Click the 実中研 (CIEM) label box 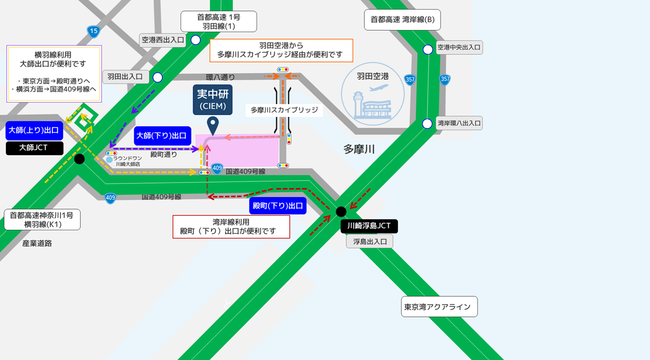point(213,100)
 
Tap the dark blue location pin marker point(213,125)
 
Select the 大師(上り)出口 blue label point(34,131)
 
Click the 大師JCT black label point(34,148)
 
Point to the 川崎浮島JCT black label point(369,226)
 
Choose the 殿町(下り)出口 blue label point(278,206)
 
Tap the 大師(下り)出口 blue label point(162,136)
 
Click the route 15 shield point(93,31)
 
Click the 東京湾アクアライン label point(439,307)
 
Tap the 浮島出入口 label point(369,241)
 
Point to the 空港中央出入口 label point(459,48)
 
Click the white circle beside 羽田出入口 point(157,77)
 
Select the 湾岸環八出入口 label point(459,123)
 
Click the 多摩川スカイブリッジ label point(284,110)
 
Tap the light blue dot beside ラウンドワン point(109,160)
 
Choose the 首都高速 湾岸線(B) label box point(402,20)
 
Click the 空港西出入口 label point(162,40)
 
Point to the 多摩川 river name point(359,149)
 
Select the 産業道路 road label point(37,243)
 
